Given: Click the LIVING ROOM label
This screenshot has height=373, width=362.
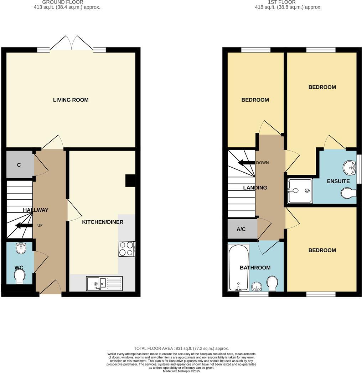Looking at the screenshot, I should [71, 100].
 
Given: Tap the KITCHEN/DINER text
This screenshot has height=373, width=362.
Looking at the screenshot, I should [103, 222].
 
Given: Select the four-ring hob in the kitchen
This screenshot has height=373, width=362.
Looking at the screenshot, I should [127, 249].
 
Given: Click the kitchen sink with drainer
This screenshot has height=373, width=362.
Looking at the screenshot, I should [104, 283].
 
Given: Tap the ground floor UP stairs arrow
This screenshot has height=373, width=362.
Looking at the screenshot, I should [24, 225].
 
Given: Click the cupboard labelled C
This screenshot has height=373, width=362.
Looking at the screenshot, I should [19, 165].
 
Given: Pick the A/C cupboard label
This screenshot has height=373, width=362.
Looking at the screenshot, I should [241, 229].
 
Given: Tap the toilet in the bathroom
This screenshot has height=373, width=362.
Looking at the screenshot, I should [273, 283].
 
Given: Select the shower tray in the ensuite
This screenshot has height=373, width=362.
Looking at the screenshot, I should [300, 191].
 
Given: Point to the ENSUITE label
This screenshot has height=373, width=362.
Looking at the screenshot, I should [338, 181].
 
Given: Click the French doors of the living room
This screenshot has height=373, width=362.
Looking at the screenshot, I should [72, 43].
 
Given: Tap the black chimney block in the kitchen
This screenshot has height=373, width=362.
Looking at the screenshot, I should [130, 180].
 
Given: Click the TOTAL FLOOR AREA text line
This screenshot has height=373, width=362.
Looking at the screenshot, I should [181, 348].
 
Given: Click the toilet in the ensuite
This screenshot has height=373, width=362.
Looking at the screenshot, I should [348, 194].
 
